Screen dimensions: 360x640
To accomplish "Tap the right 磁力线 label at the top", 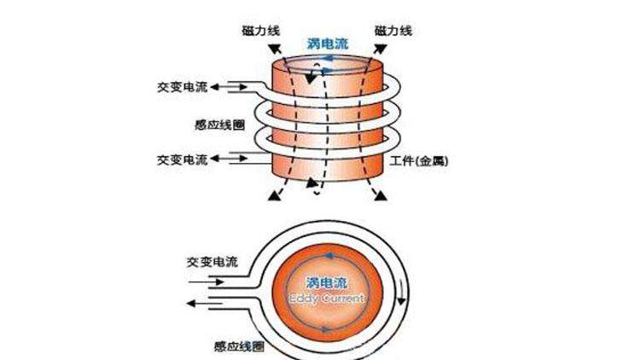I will click(x=393, y=30).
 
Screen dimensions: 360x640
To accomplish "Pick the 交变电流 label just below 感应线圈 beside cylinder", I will click(x=183, y=159).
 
